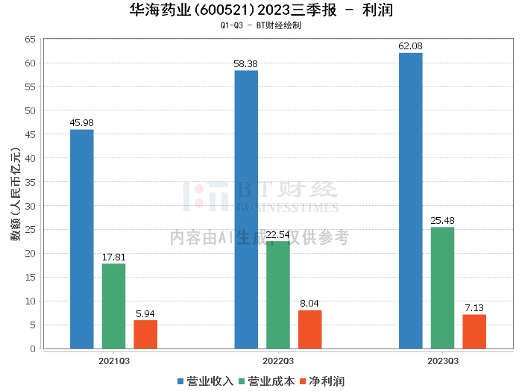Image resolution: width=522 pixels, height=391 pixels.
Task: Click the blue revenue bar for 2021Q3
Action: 81,239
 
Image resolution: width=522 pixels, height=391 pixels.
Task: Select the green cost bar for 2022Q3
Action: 278,295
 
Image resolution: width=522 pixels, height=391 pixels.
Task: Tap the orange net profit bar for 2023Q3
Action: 474,331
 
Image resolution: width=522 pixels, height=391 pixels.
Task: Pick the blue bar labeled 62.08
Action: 411,201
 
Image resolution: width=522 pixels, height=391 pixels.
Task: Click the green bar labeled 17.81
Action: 113,306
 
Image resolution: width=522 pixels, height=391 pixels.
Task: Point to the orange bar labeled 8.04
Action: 310,329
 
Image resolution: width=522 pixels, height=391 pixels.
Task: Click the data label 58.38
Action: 245,64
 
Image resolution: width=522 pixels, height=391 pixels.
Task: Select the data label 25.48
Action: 442,220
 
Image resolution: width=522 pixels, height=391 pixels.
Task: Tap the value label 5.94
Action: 145,313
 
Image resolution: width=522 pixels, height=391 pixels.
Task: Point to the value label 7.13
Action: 474,307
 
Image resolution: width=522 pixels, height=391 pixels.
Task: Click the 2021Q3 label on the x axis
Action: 114,361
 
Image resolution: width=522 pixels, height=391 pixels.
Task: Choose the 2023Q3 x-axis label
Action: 443,361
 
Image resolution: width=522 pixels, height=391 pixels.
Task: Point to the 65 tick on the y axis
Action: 30,40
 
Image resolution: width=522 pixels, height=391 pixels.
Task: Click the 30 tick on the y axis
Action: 30,206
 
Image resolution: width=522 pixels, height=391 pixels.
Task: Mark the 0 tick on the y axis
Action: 33,348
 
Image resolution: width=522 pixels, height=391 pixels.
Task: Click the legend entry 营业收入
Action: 205,381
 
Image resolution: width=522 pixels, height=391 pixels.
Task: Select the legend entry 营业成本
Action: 267,381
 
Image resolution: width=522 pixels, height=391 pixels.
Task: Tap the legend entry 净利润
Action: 322,381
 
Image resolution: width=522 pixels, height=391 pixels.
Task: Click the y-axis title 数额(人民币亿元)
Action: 16,194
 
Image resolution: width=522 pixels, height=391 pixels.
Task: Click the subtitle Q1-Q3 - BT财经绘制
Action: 261,25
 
